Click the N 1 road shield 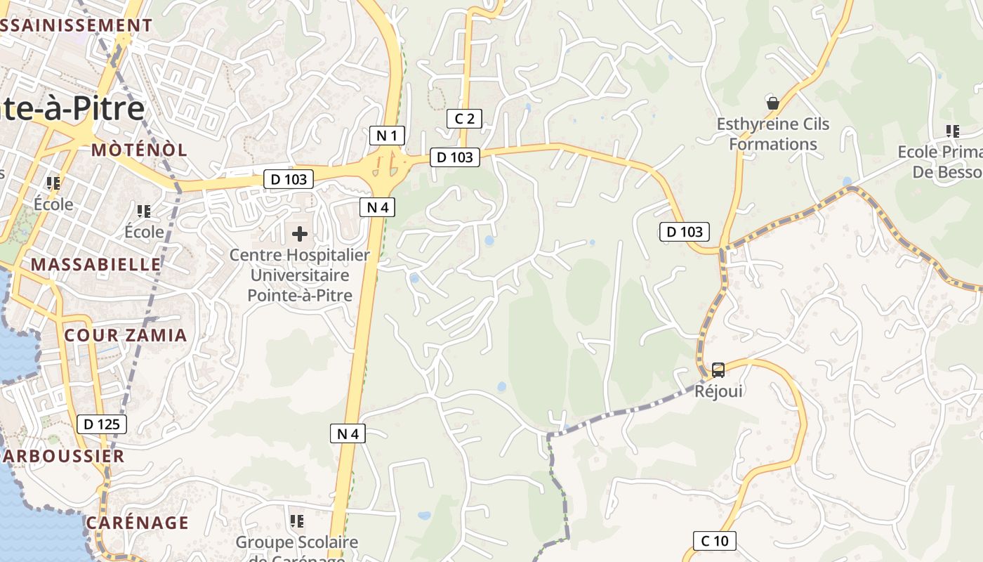(x=387, y=136)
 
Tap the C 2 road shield (x=464, y=119)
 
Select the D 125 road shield (x=102, y=424)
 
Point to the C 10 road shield (x=715, y=540)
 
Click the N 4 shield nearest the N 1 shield (x=377, y=207)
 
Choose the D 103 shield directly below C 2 (x=455, y=157)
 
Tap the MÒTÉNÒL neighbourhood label (x=139, y=150)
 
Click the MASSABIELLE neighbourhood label (x=96, y=264)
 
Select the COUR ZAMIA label (x=126, y=335)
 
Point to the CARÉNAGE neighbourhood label (x=138, y=523)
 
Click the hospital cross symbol (x=300, y=233)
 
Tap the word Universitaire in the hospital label (x=300, y=275)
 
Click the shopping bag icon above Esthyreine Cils (x=773, y=103)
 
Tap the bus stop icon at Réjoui (x=718, y=370)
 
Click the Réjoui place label (x=718, y=391)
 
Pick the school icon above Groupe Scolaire (x=297, y=521)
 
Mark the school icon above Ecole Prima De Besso (x=952, y=131)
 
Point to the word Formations (x=772, y=144)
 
